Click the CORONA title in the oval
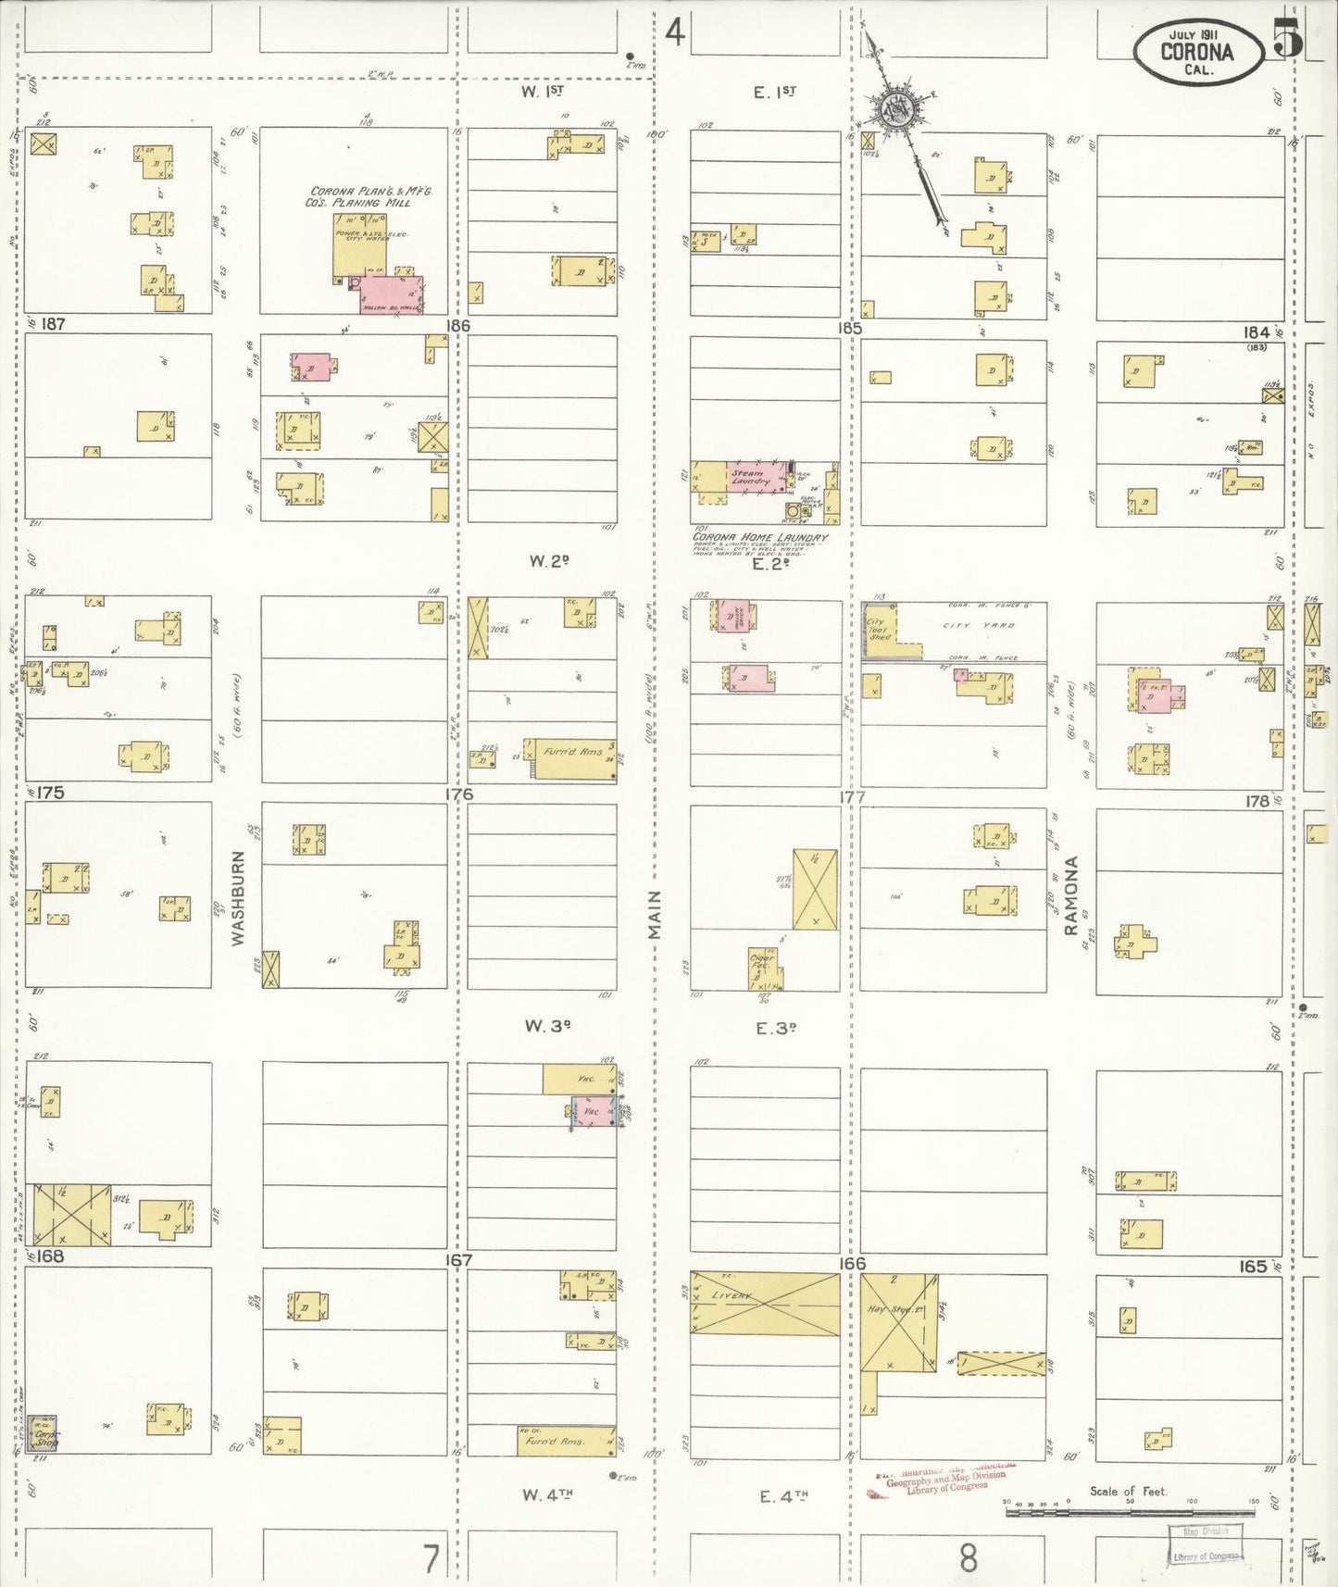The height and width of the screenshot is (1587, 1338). point(1196,52)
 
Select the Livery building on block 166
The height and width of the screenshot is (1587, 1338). point(764,1303)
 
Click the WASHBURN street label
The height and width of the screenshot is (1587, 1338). point(238,897)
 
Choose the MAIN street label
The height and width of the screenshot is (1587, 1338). point(655,915)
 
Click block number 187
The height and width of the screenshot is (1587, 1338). point(54,324)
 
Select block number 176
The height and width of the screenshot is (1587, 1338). point(457,793)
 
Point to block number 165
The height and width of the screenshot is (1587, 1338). point(1252,1265)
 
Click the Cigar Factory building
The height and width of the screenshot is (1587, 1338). point(763,967)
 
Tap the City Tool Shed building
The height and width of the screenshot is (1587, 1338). point(878,630)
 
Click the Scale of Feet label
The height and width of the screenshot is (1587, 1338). point(1128,1491)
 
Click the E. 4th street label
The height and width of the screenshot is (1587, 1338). point(782,1495)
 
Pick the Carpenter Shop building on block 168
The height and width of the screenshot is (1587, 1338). point(43,1432)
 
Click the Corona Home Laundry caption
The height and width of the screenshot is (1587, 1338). point(760,537)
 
